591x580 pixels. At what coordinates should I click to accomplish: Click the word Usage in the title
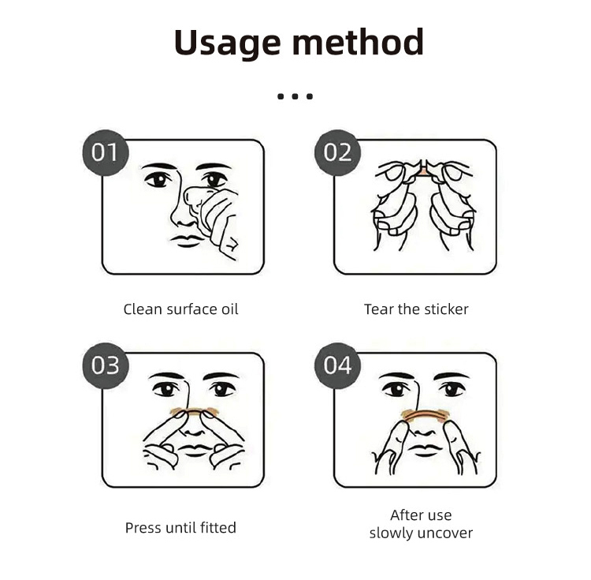tap(227, 43)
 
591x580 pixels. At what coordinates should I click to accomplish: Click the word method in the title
tap(358, 42)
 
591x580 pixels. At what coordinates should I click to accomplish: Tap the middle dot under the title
tap(295, 96)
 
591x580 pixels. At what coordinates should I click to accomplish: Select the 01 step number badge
tap(106, 152)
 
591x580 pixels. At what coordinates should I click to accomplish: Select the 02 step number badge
tap(338, 152)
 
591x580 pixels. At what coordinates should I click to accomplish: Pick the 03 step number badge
tap(106, 365)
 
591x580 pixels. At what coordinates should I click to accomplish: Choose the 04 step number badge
tap(338, 365)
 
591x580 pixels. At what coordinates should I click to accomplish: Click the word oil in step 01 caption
tap(229, 309)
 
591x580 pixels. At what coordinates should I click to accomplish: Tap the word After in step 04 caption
tap(406, 515)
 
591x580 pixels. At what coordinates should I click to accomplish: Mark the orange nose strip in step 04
tap(424, 416)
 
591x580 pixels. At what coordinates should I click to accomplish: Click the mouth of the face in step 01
tap(187, 241)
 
